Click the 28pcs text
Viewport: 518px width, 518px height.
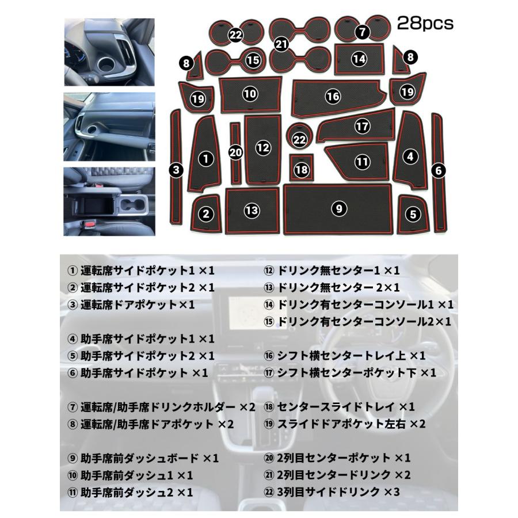tap(425, 24)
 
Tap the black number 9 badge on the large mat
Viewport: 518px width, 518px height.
tap(340, 208)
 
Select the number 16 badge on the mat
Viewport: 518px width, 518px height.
tap(333, 97)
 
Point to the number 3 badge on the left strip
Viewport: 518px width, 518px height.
tap(177, 169)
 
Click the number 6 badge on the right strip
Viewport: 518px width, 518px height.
tap(439, 170)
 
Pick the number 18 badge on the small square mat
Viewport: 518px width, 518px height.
tap(301, 169)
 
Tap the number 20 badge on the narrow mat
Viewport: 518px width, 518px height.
tap(235, 153)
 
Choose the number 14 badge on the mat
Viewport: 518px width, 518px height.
tap(359, 58)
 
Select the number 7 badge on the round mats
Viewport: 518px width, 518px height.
tap(361, 32)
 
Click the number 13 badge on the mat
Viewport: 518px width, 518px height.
tap(252, 211)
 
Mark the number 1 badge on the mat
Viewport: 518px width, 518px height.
tap(205, 158)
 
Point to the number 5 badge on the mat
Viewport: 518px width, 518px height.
tap(413, 214)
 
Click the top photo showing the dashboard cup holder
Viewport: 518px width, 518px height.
tap(109, 52)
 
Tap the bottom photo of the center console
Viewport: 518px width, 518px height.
tap(109, 201)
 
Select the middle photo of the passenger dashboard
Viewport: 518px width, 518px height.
tap(109, 127)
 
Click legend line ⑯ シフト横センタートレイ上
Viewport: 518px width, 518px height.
tap(352, 356)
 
